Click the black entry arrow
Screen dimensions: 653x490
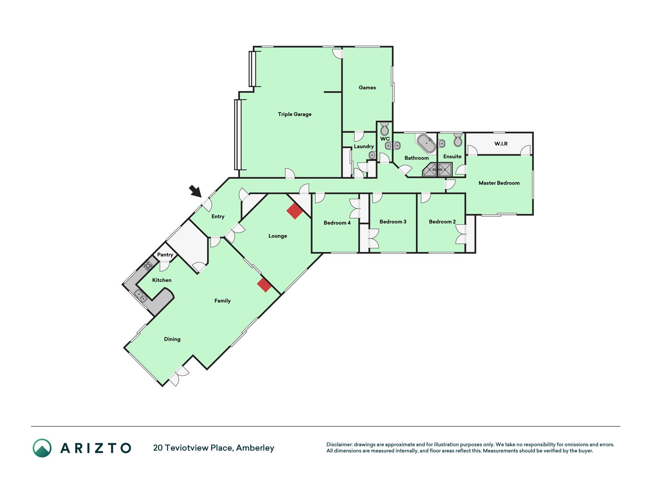point(195,191)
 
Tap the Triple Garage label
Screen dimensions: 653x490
point(295,114)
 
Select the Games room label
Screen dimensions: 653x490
point(367,88)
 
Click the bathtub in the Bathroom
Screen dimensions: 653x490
point(426,143)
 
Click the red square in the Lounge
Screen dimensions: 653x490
point(295,211)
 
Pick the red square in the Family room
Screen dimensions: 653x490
point(264,285)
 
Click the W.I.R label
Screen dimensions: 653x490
point(501,144)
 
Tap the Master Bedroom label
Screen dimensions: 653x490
point(499,183)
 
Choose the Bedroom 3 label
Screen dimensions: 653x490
point(393,222)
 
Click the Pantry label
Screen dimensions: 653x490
point(165,255)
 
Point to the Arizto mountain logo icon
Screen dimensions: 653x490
point(42,448)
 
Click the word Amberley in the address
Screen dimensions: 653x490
point(255,448)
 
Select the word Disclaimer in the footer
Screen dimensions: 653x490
point(339,444)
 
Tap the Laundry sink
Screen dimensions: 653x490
point(372,155)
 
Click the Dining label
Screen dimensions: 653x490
point(172,339)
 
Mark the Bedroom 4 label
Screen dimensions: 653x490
point(337,223)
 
